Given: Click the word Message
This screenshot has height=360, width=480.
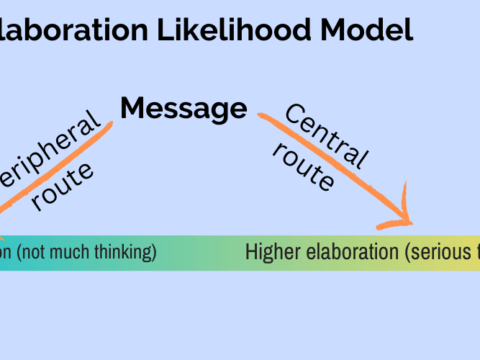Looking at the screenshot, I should coord(184,107).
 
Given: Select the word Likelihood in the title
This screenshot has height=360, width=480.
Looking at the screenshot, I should coord(234,30).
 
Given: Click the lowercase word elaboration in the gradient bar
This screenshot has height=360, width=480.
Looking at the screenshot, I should coord(350,252).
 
